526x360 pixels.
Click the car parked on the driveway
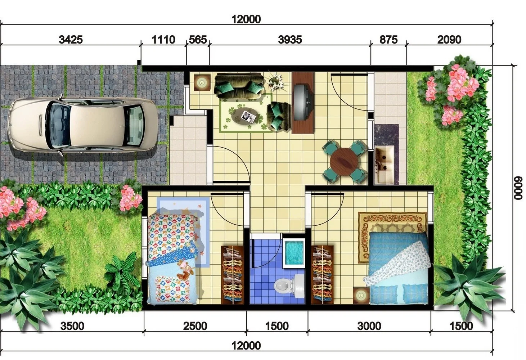tap(82, 125)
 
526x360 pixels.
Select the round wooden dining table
tap(345, 162)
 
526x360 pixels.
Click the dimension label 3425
tap(71, 40)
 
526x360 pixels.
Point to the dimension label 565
tap(198, 40)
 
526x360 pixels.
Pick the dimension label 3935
tap(290, 40)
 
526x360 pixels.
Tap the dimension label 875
tap(388, 40)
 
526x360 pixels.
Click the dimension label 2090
tap(449, 40)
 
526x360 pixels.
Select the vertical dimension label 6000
tap(518, 188)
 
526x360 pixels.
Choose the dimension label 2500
tap(195, 326)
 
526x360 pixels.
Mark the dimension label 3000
tap(369, 326)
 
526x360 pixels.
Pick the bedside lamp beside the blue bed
tap(361, 296)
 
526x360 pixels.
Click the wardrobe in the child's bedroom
tap(233, 275)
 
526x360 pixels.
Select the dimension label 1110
tap(163, 40)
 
